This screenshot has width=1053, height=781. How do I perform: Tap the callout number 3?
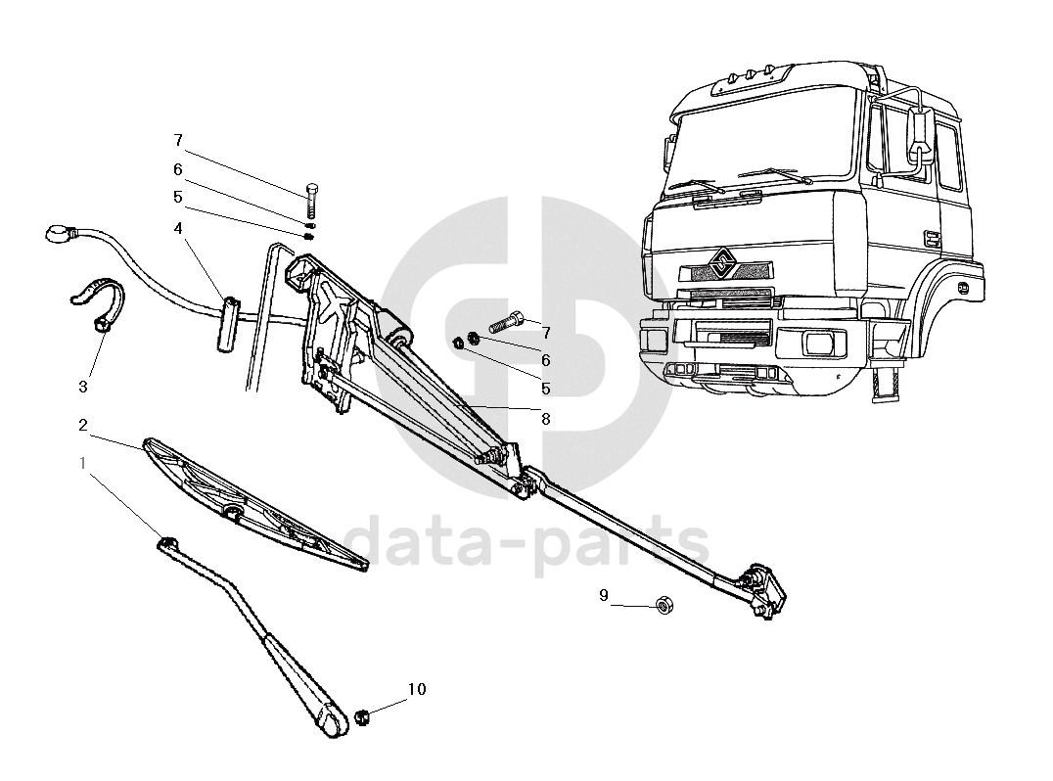[83, 387]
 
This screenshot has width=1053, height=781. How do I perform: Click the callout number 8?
[546, 419]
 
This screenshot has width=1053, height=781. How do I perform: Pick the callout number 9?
[604, 595]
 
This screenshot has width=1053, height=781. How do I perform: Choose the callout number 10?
[417, 689]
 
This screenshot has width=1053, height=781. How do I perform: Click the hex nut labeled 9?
[664, 606]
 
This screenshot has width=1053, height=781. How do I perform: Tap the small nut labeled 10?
[361, 717]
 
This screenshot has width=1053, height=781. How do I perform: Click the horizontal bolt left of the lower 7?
[504, 321]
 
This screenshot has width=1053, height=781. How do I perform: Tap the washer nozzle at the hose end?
[61, 233]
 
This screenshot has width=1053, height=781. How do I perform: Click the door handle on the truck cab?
[932, 237]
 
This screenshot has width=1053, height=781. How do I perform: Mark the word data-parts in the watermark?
[528, 544]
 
